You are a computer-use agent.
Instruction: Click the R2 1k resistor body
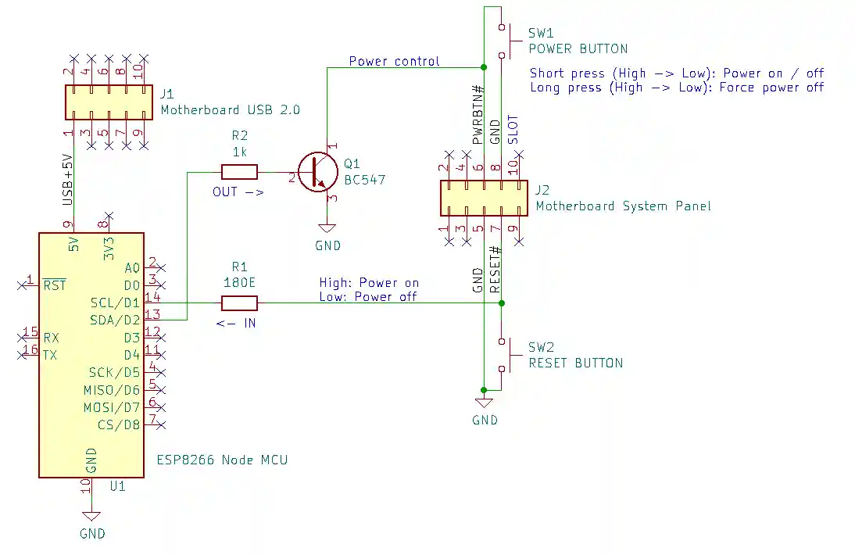tap(239, 172)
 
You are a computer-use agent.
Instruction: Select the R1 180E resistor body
tap(239, 303)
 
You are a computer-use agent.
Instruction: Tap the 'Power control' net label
tap(394, 61)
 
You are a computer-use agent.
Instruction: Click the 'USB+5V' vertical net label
tap(67, 181)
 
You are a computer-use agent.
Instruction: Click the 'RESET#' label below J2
tap(495, 270)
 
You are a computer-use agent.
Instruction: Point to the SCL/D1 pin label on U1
tap(116, 303)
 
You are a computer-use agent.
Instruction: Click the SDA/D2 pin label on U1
tap(115, 320)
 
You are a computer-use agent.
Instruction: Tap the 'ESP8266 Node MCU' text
tap(222, 460)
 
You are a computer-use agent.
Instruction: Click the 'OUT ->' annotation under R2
tap(238, 192)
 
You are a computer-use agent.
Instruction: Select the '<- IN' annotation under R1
tap(236, 322)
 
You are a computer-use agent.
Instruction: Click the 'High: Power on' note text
tap(369, 282)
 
